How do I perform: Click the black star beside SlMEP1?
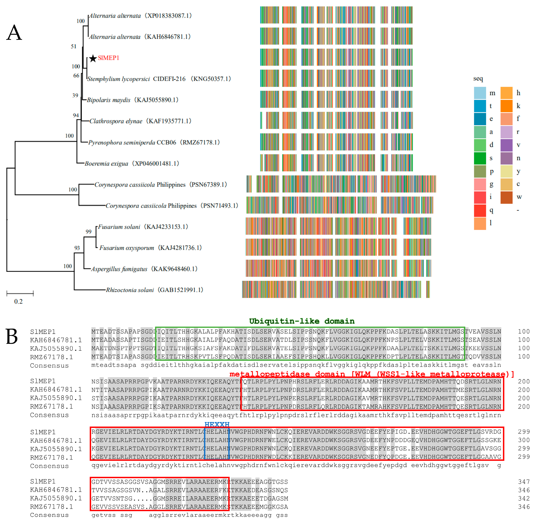click(x=93, y=58)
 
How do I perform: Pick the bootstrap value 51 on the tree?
click(x=74, y=46)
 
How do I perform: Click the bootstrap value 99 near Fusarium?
click(x=88, y=232)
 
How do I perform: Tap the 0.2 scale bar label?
click(x=18, y=301)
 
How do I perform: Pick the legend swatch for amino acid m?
click(x=480, y=93)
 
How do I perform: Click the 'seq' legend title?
click(x=478, y=79)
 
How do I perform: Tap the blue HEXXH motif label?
click(x=217, y=424)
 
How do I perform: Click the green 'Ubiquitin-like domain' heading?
click(x=302, y=321)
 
